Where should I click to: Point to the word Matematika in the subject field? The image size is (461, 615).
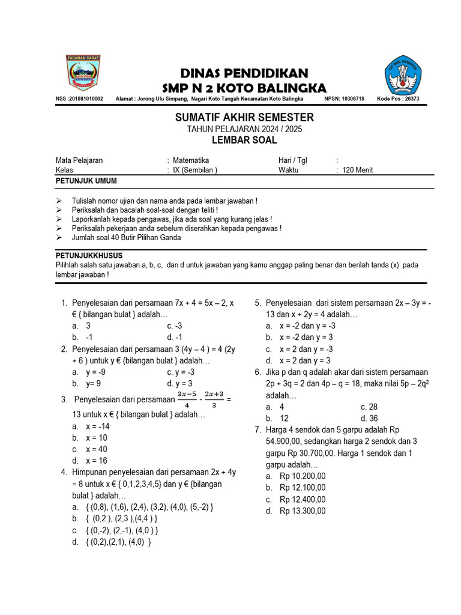click(191, 160)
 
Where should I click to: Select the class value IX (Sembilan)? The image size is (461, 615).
click(194, 170)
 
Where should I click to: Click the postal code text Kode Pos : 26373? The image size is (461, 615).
click(398, 99)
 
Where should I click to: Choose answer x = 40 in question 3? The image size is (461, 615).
click(97, 449)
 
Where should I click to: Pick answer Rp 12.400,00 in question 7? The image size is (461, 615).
click(303, 499)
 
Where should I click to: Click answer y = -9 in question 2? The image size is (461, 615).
click(96, 372)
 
